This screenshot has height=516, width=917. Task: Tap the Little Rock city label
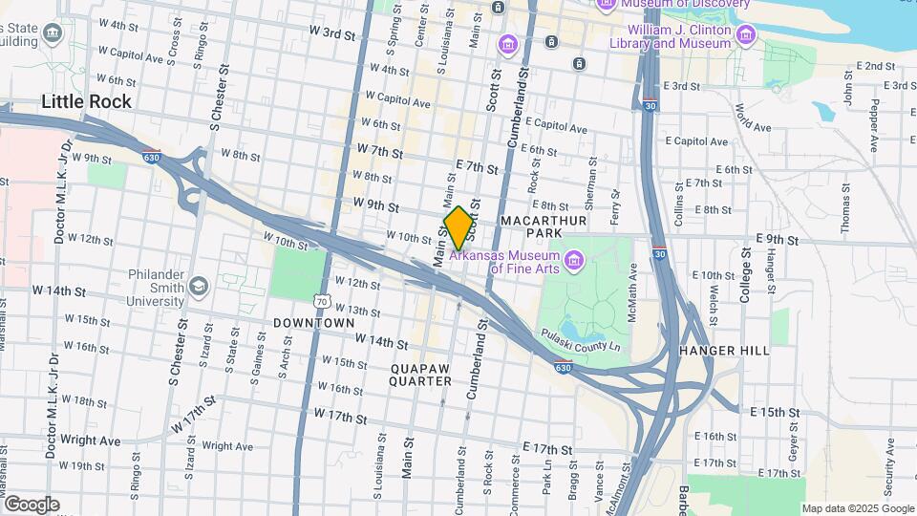[x=86, y=101]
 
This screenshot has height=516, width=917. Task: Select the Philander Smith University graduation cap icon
[x=198, y=286]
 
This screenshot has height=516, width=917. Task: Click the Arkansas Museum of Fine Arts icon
[x=573, y=260]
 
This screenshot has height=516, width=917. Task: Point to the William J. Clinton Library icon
[x=746, y=36]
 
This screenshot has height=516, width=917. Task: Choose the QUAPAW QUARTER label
[x=420, y=374]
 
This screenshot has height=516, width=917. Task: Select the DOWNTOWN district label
[x=314, y=323]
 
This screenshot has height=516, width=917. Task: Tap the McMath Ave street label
[x=632, y=288]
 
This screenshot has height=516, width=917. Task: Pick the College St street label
[x=745, y=275]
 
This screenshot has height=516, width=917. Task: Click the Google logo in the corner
[x=32, y=504]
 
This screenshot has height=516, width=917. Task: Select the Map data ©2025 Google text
[x=857, y=508]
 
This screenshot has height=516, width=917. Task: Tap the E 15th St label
[x=774, y=411]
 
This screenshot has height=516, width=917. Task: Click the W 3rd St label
[x=331, y=33]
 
